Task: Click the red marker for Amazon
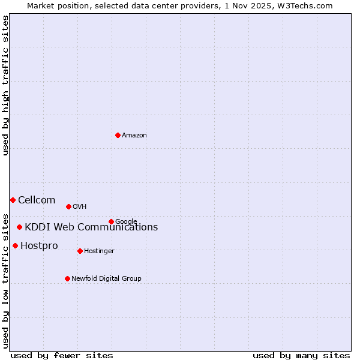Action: (x=118, y=135)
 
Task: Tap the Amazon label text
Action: (x=134, y=136)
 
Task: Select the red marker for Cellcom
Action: (x=13, y=200)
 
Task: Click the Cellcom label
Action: (x=37, y=200)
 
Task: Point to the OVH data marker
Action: (x=68, y=206)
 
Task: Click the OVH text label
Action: (x=80, y=207)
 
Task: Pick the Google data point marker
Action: (x=111, y=221)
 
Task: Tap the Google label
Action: (x=126, y=222)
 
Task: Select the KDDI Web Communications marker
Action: (x=19, y=227)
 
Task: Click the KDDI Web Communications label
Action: (x=91, y=227)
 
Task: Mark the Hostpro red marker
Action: (x=15, y=245)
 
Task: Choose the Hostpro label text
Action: (x=39, y=246)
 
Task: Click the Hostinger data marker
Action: (x=80, y=251)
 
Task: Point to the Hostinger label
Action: (x=99, y=251)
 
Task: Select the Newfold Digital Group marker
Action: (x=67, y=278)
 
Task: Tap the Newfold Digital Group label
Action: (x=106, y=278)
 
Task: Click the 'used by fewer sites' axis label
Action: (x=62, y=355)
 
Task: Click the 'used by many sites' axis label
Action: (x=301, y=355)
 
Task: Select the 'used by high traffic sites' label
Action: (x=5, y=85)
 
